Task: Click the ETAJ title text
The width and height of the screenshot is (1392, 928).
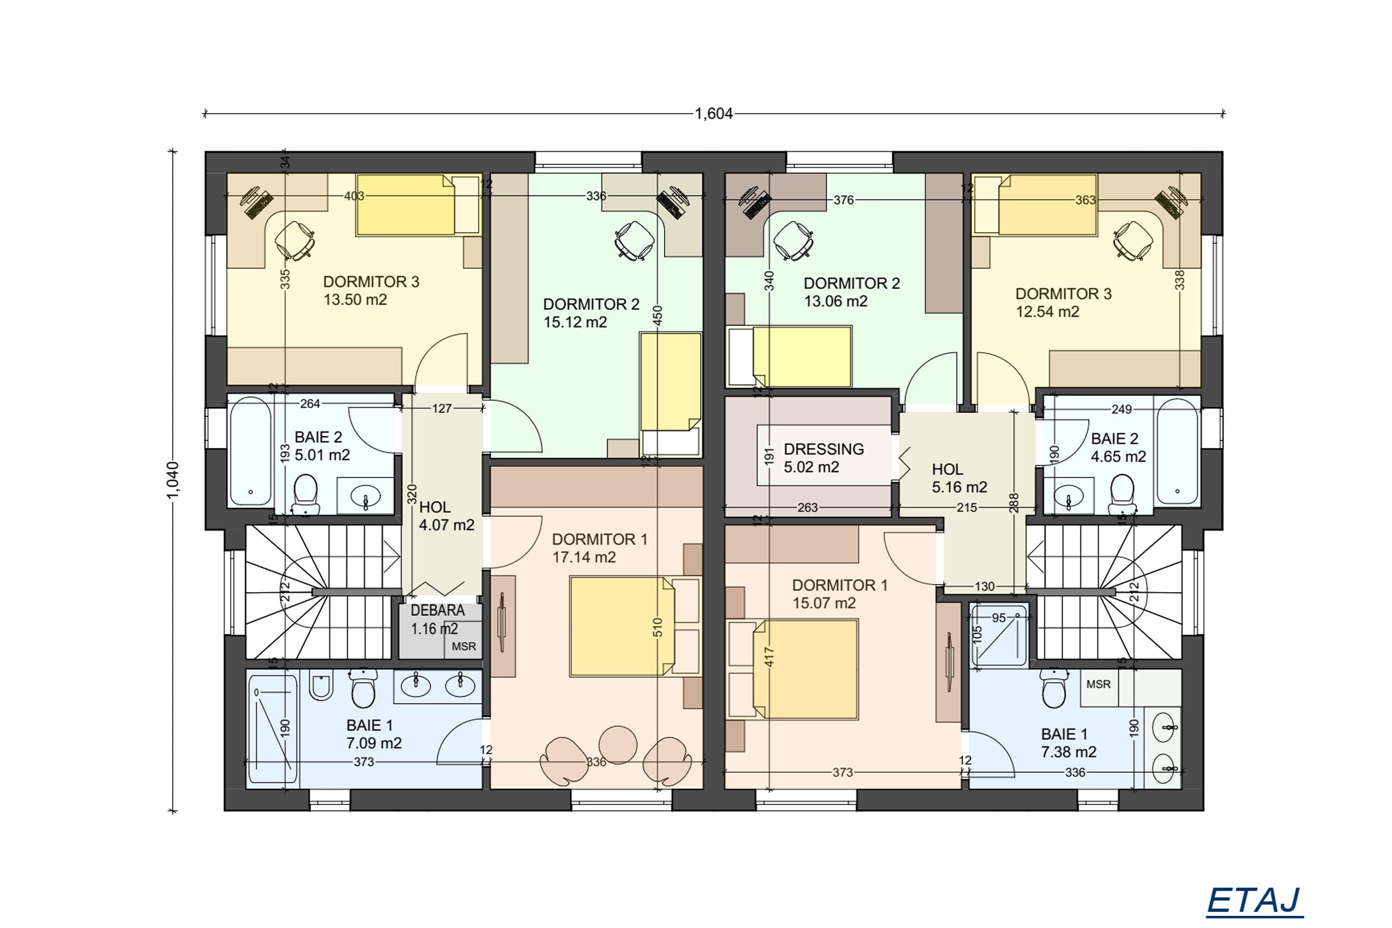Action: pos(1254,901)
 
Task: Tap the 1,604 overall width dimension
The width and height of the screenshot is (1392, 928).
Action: pos(714,114)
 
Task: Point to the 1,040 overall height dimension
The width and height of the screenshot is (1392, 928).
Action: pos(173,480)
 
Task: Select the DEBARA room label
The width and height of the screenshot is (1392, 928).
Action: pos(438,610)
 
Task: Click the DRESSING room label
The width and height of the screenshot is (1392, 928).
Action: pos(824,449)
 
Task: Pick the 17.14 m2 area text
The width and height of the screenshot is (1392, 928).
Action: pos(584,557)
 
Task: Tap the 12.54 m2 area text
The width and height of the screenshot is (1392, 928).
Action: pos(1047,311)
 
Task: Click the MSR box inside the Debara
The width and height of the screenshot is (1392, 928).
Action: pos(463,646)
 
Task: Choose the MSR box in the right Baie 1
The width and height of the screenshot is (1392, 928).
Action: pos(1099,684)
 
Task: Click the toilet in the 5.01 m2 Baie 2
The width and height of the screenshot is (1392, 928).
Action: pos(306,493)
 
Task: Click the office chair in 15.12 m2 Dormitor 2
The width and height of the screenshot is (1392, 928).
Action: pos(635,240)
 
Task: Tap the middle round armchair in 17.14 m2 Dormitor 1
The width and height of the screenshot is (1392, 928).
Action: pos(618,745)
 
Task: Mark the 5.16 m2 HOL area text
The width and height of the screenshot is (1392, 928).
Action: pos(959,487)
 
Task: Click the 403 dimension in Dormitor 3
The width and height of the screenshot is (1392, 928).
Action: pos(354,196)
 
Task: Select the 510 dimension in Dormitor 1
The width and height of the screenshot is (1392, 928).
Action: pos(658,628)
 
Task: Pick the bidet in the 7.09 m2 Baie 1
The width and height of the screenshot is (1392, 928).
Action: pos(320,686)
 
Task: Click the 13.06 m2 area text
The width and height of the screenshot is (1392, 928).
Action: pos(836,301)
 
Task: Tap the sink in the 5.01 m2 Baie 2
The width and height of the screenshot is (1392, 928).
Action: pos(365,496)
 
